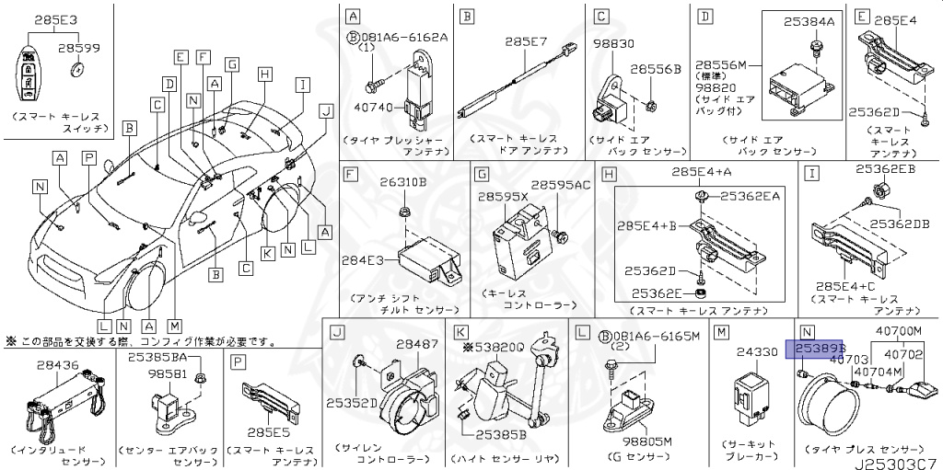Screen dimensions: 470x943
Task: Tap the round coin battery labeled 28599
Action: coord(78,69)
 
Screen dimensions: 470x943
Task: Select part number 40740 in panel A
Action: coord(374,108)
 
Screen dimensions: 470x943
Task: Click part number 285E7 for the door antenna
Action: coord(528,42)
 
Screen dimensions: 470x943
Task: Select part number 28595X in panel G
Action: coord(503,197)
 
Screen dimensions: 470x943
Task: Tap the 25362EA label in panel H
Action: coord(751,196)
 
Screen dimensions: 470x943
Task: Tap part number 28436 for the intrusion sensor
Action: coord(58,365)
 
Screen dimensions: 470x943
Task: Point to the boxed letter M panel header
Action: coord(722,331)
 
